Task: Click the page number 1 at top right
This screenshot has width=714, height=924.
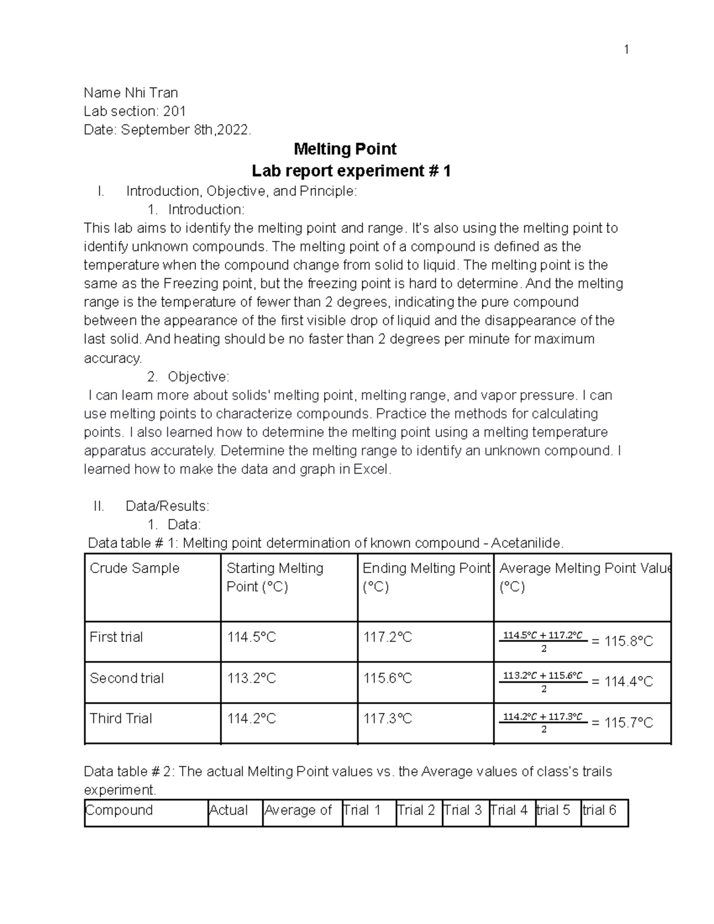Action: point(626,49)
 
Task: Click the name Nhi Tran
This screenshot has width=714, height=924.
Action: point(151,93)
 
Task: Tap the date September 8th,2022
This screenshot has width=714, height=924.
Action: point(186,130)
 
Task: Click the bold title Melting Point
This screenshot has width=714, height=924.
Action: point(345,149)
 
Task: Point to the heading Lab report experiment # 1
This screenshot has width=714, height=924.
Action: point(351,171)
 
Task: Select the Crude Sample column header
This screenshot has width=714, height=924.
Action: point(134,568)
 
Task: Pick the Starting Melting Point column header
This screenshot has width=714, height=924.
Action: point(274,577)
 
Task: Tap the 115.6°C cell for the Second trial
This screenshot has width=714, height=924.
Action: point(387,678)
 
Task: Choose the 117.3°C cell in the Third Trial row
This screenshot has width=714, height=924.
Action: point(387,719)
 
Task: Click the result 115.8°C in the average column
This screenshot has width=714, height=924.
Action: point(628,641)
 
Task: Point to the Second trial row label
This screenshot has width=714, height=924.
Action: point(126,678)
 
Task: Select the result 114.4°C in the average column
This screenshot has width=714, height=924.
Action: point(628,682)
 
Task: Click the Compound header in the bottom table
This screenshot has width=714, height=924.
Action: point(119,810)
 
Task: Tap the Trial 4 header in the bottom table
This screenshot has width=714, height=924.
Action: point(509,810)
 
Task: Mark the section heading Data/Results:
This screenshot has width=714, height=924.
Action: point(167,506)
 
